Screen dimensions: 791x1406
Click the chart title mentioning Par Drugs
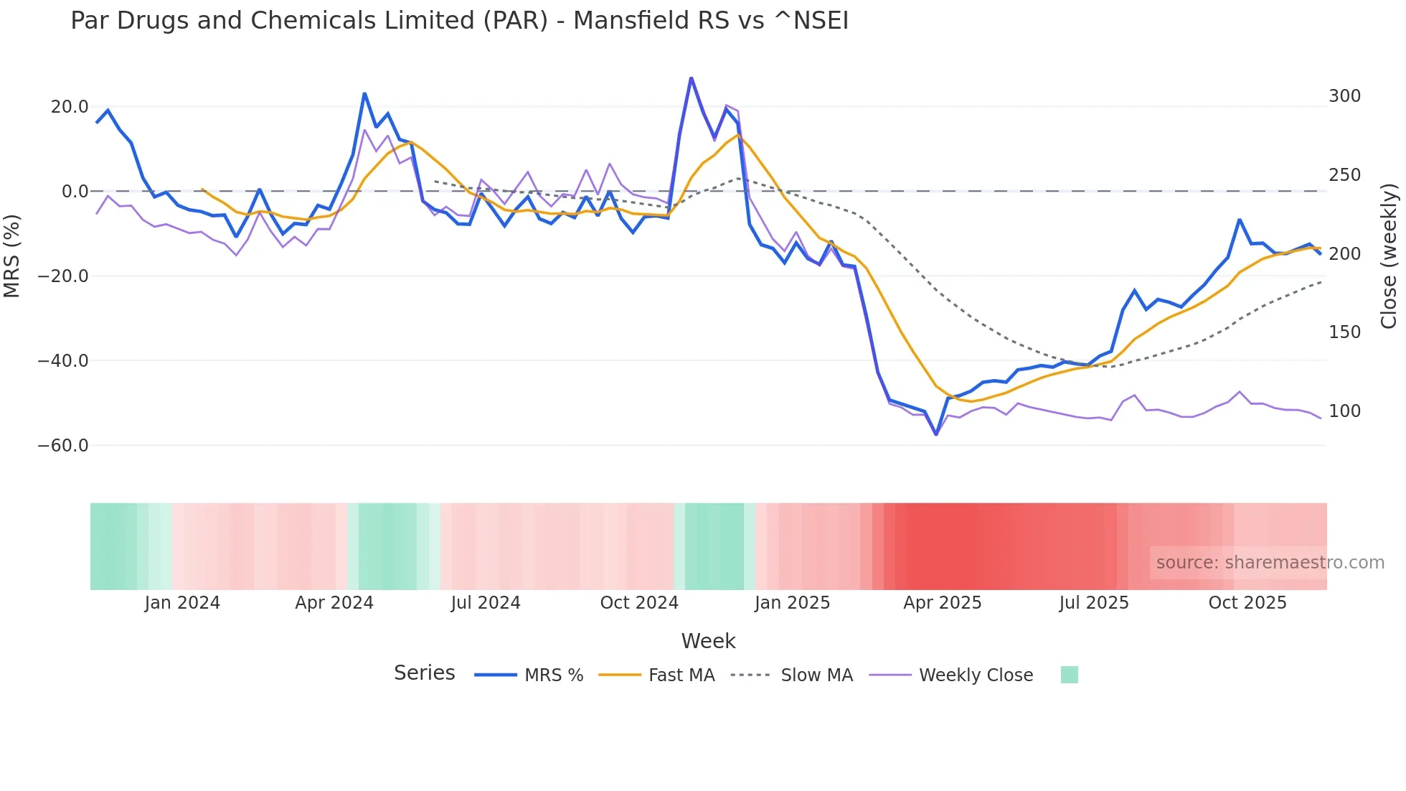[x=459, y=21]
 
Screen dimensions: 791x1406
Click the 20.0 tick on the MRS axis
[x=70, y=107]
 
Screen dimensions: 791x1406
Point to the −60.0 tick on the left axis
[x=63, y=446]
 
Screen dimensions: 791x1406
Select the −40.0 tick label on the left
[x=63, y=361]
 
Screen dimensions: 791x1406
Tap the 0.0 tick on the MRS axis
[x=75, y=192]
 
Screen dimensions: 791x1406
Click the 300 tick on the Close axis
[x=1344, y=96]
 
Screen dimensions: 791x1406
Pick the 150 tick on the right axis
[x=1344, y=332]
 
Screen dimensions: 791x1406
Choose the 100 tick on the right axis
[x=1344, y=411]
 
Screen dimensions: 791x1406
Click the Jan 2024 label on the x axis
[x=182, y=603]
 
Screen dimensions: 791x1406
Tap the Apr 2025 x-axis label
[x=942, y=603]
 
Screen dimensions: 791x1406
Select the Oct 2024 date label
[x=639, y=603]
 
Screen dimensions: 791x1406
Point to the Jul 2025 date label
[x=1094, y=603]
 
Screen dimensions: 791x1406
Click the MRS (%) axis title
[x=12, y=256]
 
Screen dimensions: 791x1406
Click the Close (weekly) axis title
[x=1389, y=256]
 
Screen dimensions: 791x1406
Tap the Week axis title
[x=708, y=641]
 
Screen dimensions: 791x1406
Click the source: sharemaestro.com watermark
[x=1270, y=563]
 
